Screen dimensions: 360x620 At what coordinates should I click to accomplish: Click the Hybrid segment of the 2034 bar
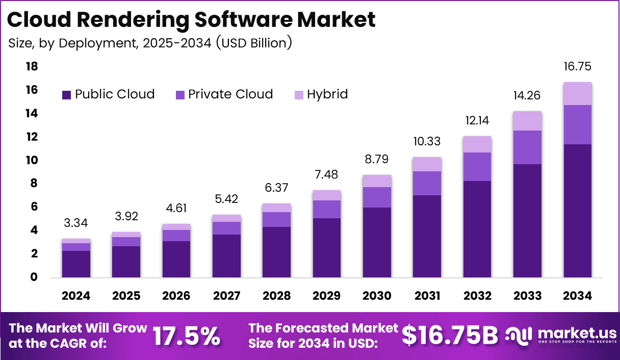coord(578,93)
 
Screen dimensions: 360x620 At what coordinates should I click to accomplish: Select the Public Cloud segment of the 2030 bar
coord(377,242)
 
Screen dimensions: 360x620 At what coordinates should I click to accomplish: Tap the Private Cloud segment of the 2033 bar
coord(527,147)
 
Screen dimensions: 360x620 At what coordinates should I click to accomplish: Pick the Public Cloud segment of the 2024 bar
coord(76,264)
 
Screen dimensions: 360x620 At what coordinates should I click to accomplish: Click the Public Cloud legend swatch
coord(66,95)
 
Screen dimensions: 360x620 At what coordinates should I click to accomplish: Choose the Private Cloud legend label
coord(230,94)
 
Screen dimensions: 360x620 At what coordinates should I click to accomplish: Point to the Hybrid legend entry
coord(327,94)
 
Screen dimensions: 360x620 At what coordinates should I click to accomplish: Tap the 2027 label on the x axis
coord(226,296)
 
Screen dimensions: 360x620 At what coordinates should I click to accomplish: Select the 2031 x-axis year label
coord(427,296)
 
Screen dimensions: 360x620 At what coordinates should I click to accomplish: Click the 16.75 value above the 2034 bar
coord(578,67)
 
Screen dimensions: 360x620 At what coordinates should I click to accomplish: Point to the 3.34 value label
coord(76,222)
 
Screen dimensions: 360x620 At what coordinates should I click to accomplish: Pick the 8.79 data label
coord(377,159)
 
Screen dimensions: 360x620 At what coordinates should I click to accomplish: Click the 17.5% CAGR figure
coord(187,336)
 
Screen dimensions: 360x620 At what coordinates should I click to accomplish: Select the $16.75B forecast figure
coord(449,335)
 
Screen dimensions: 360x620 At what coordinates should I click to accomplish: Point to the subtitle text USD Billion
coord(253,43)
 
